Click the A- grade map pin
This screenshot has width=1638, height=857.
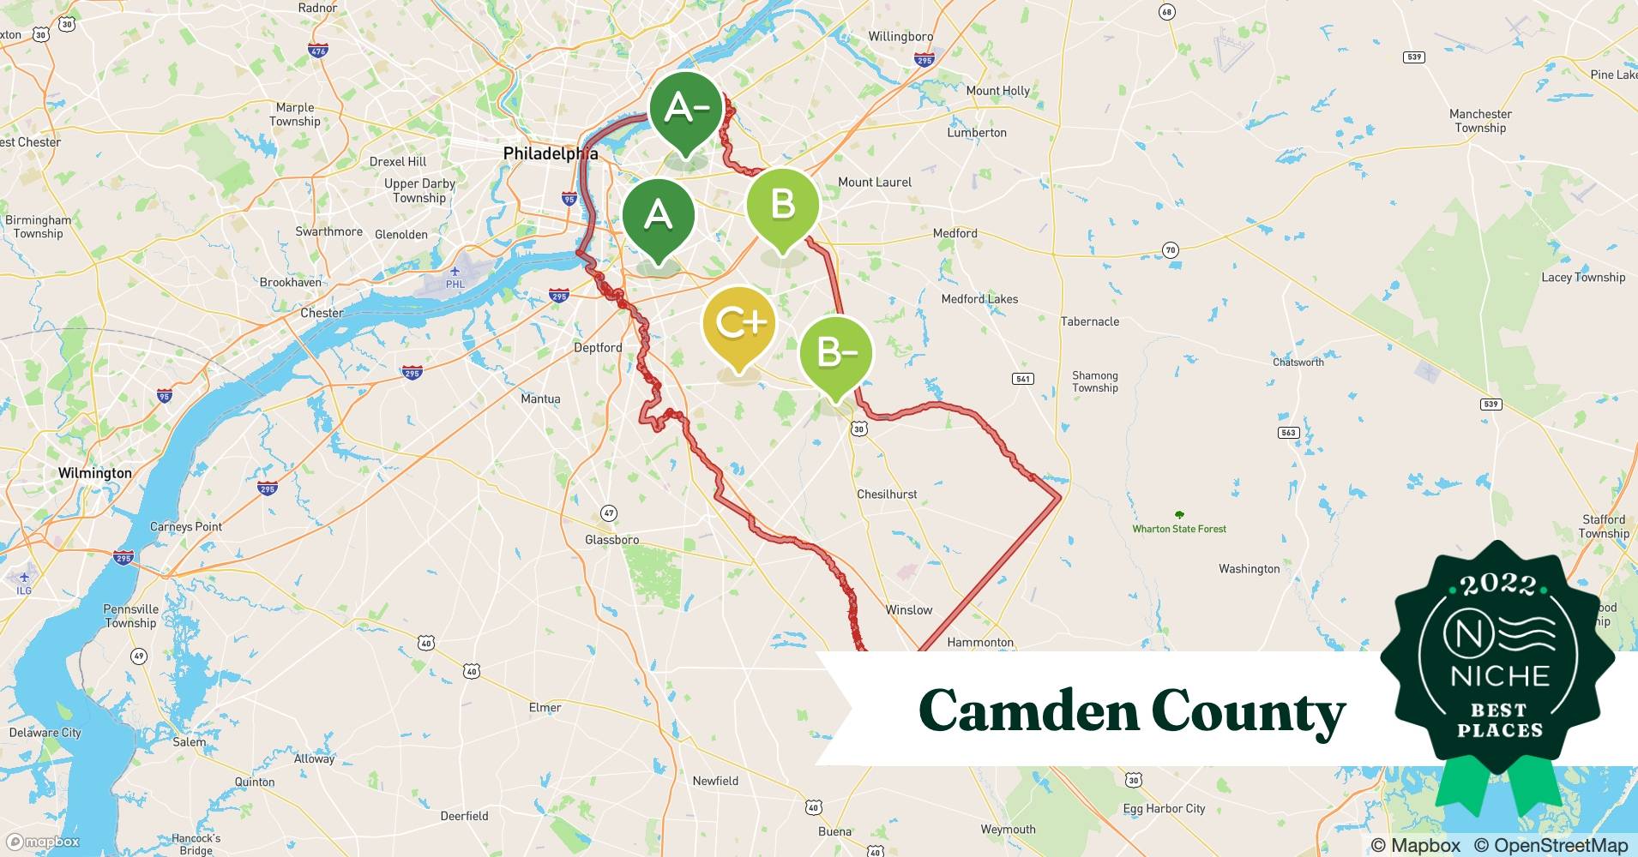(x=685, y=110)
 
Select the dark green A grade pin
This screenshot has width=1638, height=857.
(x=658, y=214)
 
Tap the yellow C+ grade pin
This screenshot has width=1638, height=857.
(x=738, y=324)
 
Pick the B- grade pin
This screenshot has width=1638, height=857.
(x=835, y=353)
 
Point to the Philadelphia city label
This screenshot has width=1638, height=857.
(x=550, y=153)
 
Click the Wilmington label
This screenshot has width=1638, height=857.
(x=94, y=473)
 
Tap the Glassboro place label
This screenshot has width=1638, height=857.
(x=611, y=540)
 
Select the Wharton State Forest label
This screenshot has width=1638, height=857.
(x=1179, y=529)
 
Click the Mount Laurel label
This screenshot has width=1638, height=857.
(x=874, y=182)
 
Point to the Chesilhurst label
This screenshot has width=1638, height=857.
(x=887, y=494)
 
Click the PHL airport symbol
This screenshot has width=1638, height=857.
(x=455, y=273)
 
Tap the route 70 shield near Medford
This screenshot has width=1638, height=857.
(x=1170, y=250)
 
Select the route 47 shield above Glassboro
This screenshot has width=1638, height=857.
(x=608, y=513)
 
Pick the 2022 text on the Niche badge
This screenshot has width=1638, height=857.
(x=1498, y=584)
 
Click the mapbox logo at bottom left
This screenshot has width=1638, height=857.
(x=43, y=842)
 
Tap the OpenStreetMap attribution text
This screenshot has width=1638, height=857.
(x=1551, y=845)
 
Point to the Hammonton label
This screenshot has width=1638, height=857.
(x=979, y=642)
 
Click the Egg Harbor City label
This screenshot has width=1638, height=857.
(x=1164, y=808)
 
